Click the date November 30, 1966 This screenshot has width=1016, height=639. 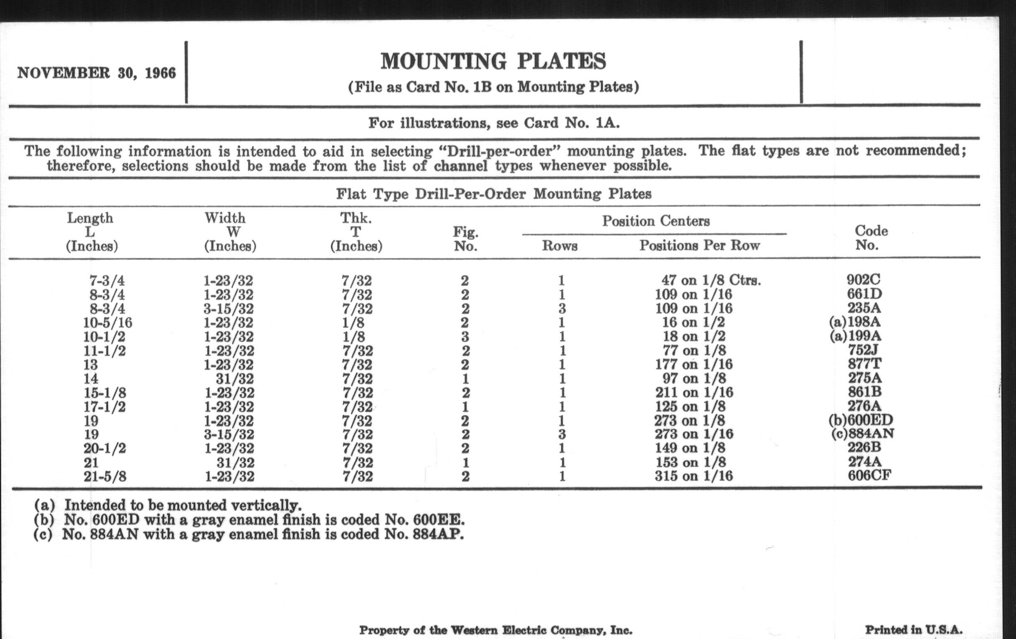[96, 73]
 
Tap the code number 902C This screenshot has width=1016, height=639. [863, 280]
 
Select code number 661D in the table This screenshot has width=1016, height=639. [864, 294]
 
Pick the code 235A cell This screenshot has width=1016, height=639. [864, 308]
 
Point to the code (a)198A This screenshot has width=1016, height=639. [855, 322]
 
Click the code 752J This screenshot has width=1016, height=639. [864, 350]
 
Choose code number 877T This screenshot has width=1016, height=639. [864, 364]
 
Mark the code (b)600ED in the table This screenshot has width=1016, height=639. [861, 420]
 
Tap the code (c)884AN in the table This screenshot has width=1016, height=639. [862, 434]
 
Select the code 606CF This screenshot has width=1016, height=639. [869, 475]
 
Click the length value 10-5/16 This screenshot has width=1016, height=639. [107, 323]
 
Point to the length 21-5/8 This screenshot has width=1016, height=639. [104, 477]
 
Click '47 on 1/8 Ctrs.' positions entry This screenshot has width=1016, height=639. [711, 280]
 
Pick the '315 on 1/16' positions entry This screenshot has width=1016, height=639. [693, 476]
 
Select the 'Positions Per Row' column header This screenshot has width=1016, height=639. [699, 246]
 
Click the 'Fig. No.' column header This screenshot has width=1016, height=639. [465, 239]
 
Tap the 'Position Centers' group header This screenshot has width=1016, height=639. [655, 221]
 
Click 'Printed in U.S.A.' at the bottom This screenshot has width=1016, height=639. [914, 630]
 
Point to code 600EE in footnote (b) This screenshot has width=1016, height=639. [438, 520]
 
